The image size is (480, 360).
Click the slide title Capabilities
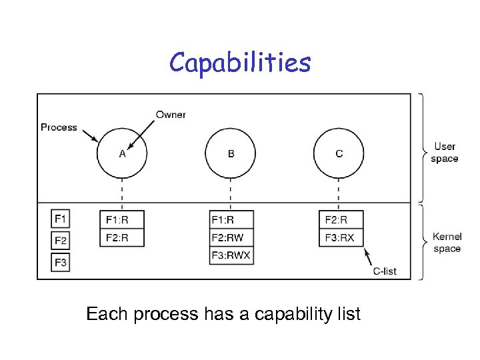(x=240, y=63)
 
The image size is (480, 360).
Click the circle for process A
(x=123, y=154)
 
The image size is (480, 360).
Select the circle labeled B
(x=231, y=154)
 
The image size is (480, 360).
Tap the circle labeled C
(x=339, y=154)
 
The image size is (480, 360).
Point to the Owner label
(x=171, y=115)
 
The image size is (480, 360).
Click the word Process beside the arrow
(x=59, y=127)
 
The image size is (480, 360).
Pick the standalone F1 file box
(x=61, y=219)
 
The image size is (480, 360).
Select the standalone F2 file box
(x=61, y=241)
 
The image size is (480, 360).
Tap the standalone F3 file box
(x=61, y=263)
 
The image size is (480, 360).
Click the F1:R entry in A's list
(x=122, y=219)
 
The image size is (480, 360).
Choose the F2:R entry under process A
(x=122, y=237)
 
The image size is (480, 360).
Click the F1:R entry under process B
(x=231, y=219)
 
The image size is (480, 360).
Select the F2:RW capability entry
(x=231, y=237)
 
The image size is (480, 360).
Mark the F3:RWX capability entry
(x=231, y=255)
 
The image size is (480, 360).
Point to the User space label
(x=444, y=153)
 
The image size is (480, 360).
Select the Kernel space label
(x=447, y=243)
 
